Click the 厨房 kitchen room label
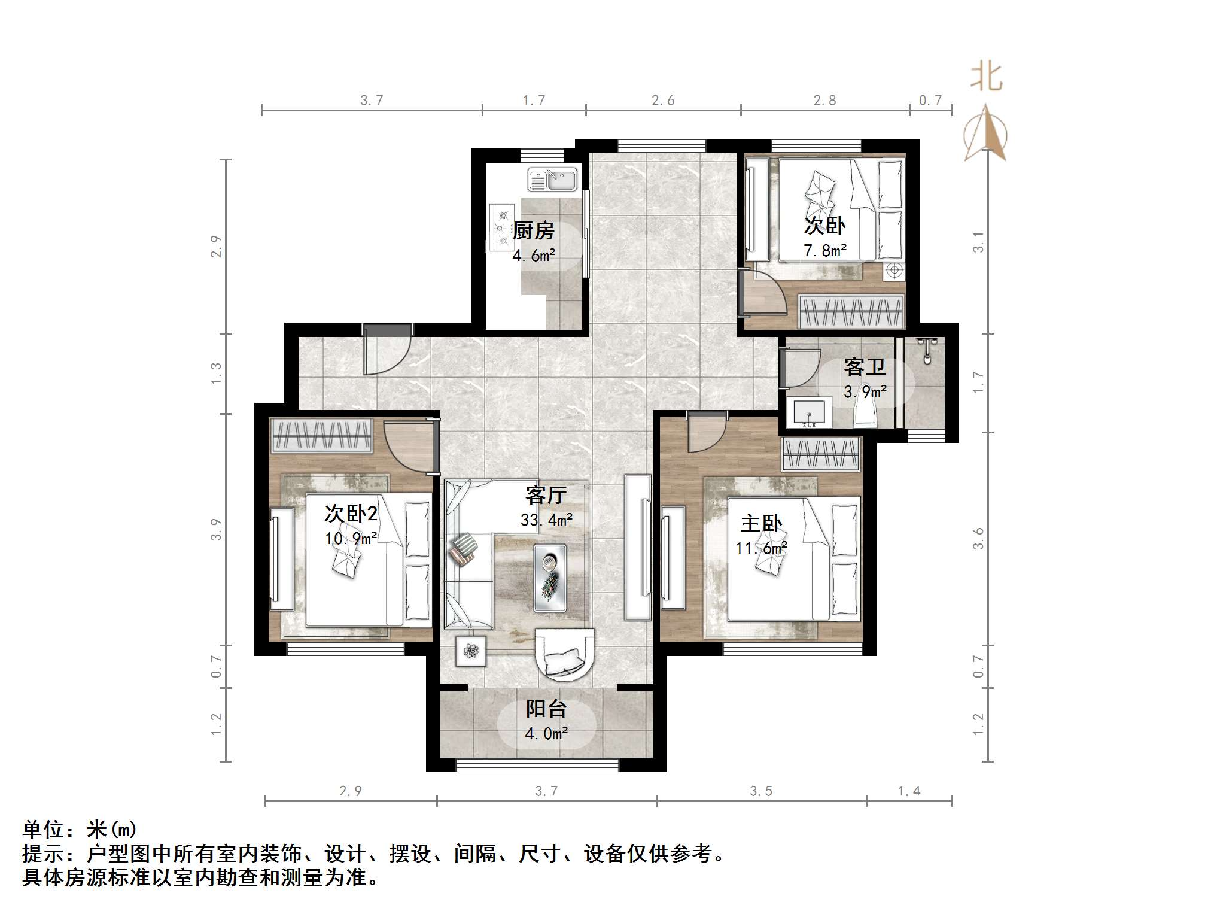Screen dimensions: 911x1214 (534, 230)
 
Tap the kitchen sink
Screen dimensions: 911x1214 (552, 179)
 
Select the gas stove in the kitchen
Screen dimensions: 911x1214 (502, 227)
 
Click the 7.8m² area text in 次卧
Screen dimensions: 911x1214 (824, 251)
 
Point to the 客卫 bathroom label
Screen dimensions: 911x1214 (865, 366)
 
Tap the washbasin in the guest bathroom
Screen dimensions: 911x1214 (809, 413)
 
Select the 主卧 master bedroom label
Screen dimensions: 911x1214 (761, 523)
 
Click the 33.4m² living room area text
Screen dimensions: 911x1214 (546, 520)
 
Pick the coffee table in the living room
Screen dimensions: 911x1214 (550, 578)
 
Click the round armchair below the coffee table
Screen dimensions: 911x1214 (564, 655)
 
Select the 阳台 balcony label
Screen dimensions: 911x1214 (546, 709)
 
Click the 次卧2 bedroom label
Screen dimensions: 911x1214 (351, 513)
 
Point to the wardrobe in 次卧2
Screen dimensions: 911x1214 (321, 435)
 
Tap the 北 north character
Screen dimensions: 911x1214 (986, 77)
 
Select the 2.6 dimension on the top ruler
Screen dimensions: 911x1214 (663, 101)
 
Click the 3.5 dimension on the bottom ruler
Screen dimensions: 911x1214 (761, 791)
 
